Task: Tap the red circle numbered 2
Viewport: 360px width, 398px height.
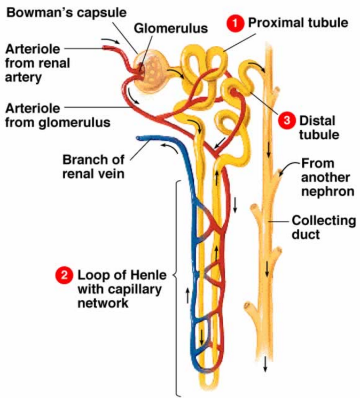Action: pos(64,276)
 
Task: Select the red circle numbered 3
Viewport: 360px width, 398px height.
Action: pos(286,120)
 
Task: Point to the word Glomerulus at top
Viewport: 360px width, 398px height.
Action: pos(170,28)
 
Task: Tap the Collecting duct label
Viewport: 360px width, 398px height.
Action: pos(323,227)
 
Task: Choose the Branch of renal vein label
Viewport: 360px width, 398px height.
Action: pos(93,166)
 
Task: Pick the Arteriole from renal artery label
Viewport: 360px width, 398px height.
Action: pos(34,62)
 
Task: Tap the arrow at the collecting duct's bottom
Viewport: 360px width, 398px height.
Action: pos(265,363)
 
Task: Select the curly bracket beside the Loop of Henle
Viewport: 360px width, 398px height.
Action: pos(176,288)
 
